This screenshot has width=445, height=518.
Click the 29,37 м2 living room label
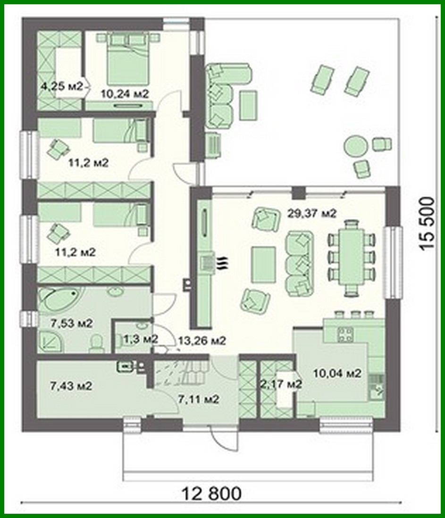click(x=311, y=214)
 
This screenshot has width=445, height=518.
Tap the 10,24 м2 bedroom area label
click(x=125, y=94)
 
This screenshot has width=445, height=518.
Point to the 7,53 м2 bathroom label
click(x=71, y=324)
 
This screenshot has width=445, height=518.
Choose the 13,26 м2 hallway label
click(x=202, y=340)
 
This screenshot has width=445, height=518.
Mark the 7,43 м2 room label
click(x=70, y=386)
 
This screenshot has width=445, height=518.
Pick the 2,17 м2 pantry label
click(x=281, y=384)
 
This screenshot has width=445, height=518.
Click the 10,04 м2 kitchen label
click(x=337, y=374)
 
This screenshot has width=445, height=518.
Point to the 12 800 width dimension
click(x=211, y=494)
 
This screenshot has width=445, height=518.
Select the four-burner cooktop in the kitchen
click(x=346, y=334)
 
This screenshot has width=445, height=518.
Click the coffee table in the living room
click(x=263, y=264)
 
